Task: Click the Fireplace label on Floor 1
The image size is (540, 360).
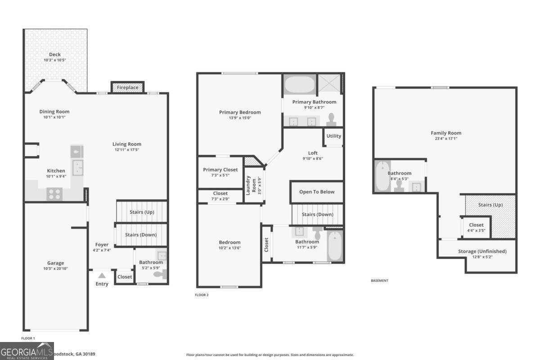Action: click(127, 87)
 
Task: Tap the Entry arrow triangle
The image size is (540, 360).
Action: click(102, 275)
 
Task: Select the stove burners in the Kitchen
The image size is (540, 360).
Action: click(54, 194)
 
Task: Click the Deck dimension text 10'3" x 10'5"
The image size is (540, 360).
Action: click(55, 60)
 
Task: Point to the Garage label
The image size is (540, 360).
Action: click(56, 263)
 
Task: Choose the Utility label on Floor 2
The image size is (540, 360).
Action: click(333, 136)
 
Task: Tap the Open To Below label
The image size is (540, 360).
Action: click(317, 192)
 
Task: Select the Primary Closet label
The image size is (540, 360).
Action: click(220, 170)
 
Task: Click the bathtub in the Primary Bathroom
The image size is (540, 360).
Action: click(299, 84)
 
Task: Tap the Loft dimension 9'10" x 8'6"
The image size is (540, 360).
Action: click(312, 158)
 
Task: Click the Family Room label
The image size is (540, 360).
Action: click(445, 133)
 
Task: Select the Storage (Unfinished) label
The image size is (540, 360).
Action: click(482, 251)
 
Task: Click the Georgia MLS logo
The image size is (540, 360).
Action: click(27, 351)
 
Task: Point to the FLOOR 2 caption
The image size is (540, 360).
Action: click(202, 295)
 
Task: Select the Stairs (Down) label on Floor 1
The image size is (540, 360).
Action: click(140, 235)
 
